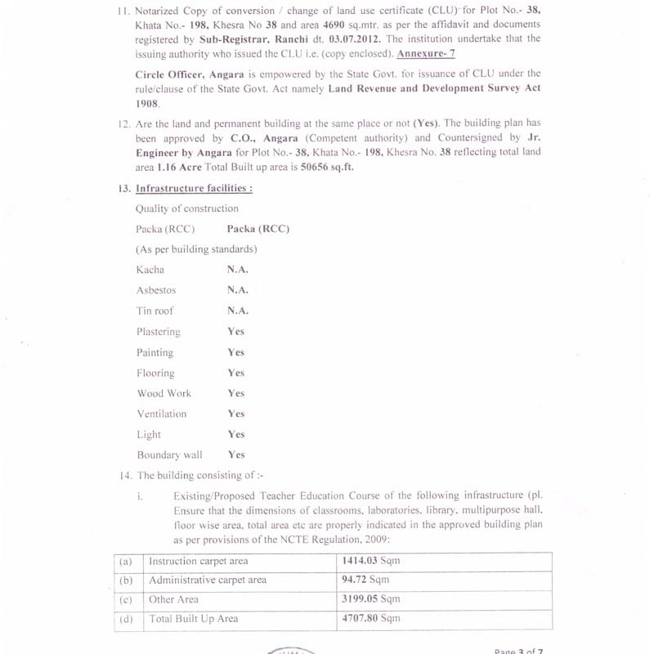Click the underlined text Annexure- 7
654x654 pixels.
click(426, 54)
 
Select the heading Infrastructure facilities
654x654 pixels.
click(194, 188)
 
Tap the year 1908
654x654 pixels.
click(148, 104)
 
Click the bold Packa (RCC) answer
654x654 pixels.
click(258, 229)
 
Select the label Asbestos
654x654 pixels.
click(156, 290)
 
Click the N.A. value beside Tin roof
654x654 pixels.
click(238, 311)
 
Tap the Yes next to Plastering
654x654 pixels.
click(236, 331)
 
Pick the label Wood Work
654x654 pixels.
click(163, 393)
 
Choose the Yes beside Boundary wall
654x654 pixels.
click(236, 455)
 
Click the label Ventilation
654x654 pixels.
click(162, 414)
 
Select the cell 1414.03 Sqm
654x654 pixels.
click(370, 561)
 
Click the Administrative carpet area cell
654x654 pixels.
click(208, 580)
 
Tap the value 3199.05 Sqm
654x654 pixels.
click(370, 599)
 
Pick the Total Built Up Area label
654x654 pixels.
click(194, 619)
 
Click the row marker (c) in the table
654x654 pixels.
click(126, 599)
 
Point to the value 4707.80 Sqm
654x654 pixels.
click(370, 619)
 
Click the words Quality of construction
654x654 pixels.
click(187, 208)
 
